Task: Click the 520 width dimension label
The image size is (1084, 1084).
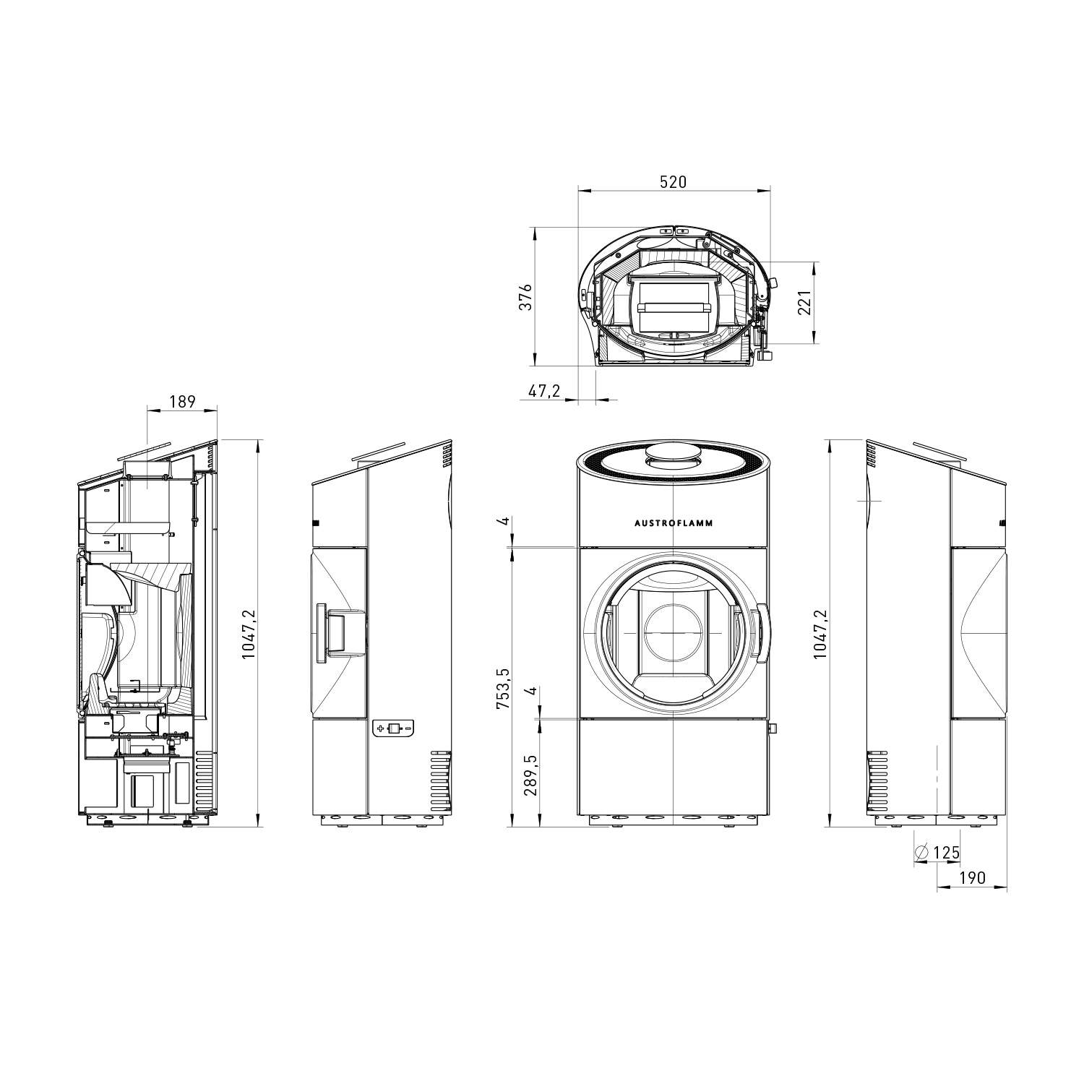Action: click(673, 182)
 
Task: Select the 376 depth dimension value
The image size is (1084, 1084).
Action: click(527, 297)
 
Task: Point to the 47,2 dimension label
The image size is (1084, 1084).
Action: click(545, 391)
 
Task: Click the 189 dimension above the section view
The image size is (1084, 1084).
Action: click(182, 401)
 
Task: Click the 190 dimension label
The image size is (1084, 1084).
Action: click(972, 878)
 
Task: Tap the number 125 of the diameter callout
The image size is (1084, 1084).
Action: click(946, 853)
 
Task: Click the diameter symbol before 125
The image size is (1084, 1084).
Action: click(921, 853)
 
